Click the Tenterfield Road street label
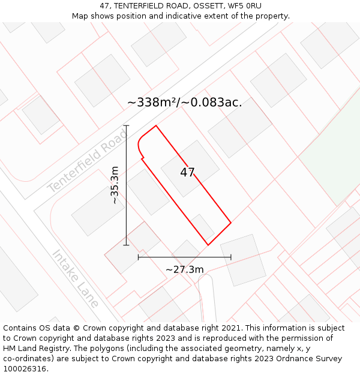[88, 161]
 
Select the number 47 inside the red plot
[187, 172]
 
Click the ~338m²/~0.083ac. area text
[185, 102]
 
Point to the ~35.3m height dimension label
[115, 185]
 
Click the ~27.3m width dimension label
[184, 269]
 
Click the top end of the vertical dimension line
[127, 125]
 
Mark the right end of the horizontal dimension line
[231, 257]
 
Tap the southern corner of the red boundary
[208, 245]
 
